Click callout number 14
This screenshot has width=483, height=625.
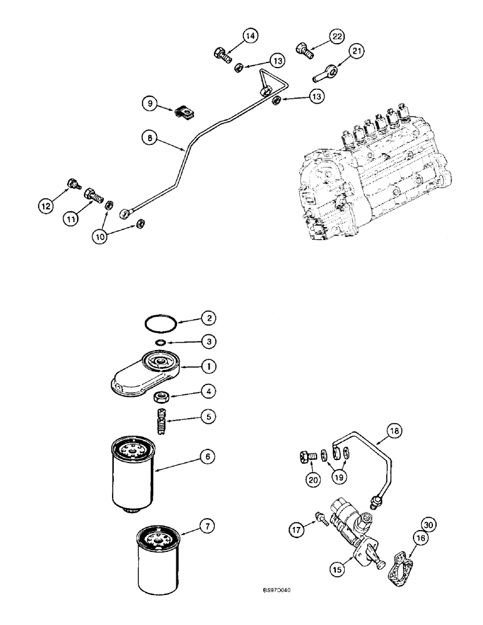[x=250, y=37]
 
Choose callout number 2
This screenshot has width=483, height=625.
[x=208, y=318]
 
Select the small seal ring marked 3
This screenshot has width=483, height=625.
[x=161, y=342]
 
